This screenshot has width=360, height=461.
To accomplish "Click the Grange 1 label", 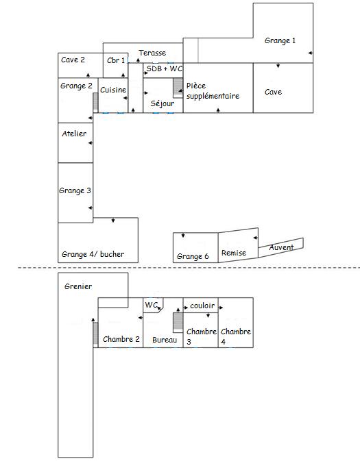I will pos(280,41).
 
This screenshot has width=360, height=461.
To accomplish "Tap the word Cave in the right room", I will pos(273,92).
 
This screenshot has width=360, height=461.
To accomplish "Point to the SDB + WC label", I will pos(164,69).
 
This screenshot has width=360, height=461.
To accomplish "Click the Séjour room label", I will pos(162,103).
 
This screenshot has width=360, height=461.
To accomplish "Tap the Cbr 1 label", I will pos(116,60).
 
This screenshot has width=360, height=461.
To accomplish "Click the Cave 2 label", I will pos(73,60).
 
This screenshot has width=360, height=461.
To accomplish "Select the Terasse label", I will pos(152,53).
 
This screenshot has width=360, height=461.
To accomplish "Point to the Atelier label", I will pos(74,134).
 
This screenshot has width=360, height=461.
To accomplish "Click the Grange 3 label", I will pos(75,190).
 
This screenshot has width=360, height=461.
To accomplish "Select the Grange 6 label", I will pos(192,256).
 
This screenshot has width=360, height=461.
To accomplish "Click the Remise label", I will pos(234,253).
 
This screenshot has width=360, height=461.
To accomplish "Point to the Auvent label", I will pos(282,247).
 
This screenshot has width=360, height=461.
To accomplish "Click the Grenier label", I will pos(78,286).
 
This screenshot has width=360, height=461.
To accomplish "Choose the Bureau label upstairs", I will pos(165,340).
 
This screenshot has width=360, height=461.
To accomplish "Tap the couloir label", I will pos(203,306).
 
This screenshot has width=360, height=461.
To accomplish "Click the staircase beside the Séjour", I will pos(178,88).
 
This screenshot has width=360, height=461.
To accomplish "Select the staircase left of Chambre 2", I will pos(95,334).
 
